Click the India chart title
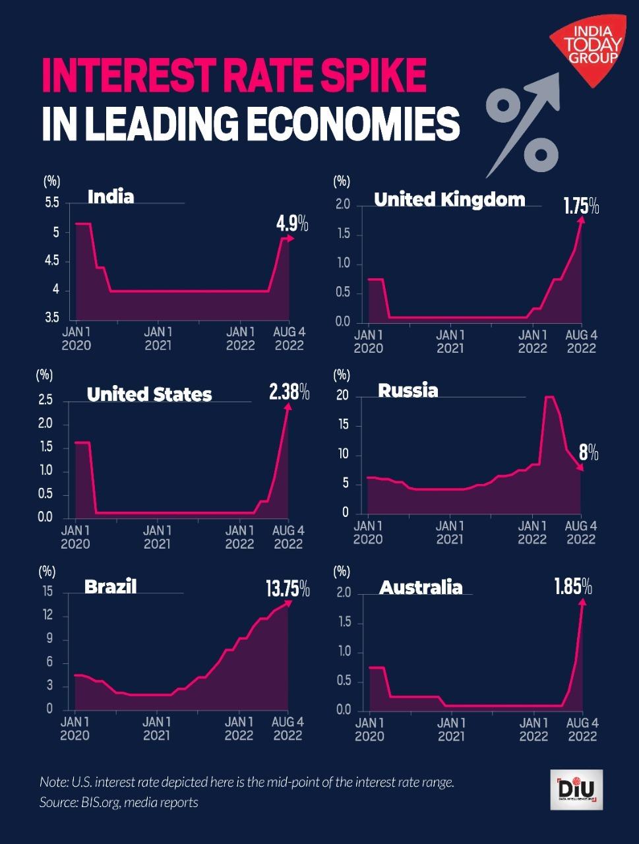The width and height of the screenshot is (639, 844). pos(111,196)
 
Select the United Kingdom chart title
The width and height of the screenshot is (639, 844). pos(449,199)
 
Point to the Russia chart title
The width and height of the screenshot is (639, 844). pos(408,390)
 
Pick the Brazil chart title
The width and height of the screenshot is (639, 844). pos(110,586)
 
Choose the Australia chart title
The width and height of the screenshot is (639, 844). pos(421,587)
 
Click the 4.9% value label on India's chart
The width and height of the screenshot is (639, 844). pos(291,224)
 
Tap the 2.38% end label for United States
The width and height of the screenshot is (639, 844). pos(289,393)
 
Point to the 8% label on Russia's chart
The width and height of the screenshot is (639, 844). pos(588,452)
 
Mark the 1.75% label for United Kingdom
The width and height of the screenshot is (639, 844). pos(580,206)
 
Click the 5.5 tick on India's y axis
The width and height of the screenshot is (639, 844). pos(52,203)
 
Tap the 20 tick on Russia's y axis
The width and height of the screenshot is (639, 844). pos(342,396)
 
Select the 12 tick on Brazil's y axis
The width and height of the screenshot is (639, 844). pos(47,615)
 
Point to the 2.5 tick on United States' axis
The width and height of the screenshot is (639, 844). pos(46,400)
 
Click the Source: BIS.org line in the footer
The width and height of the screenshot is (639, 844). pos(119,802)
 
